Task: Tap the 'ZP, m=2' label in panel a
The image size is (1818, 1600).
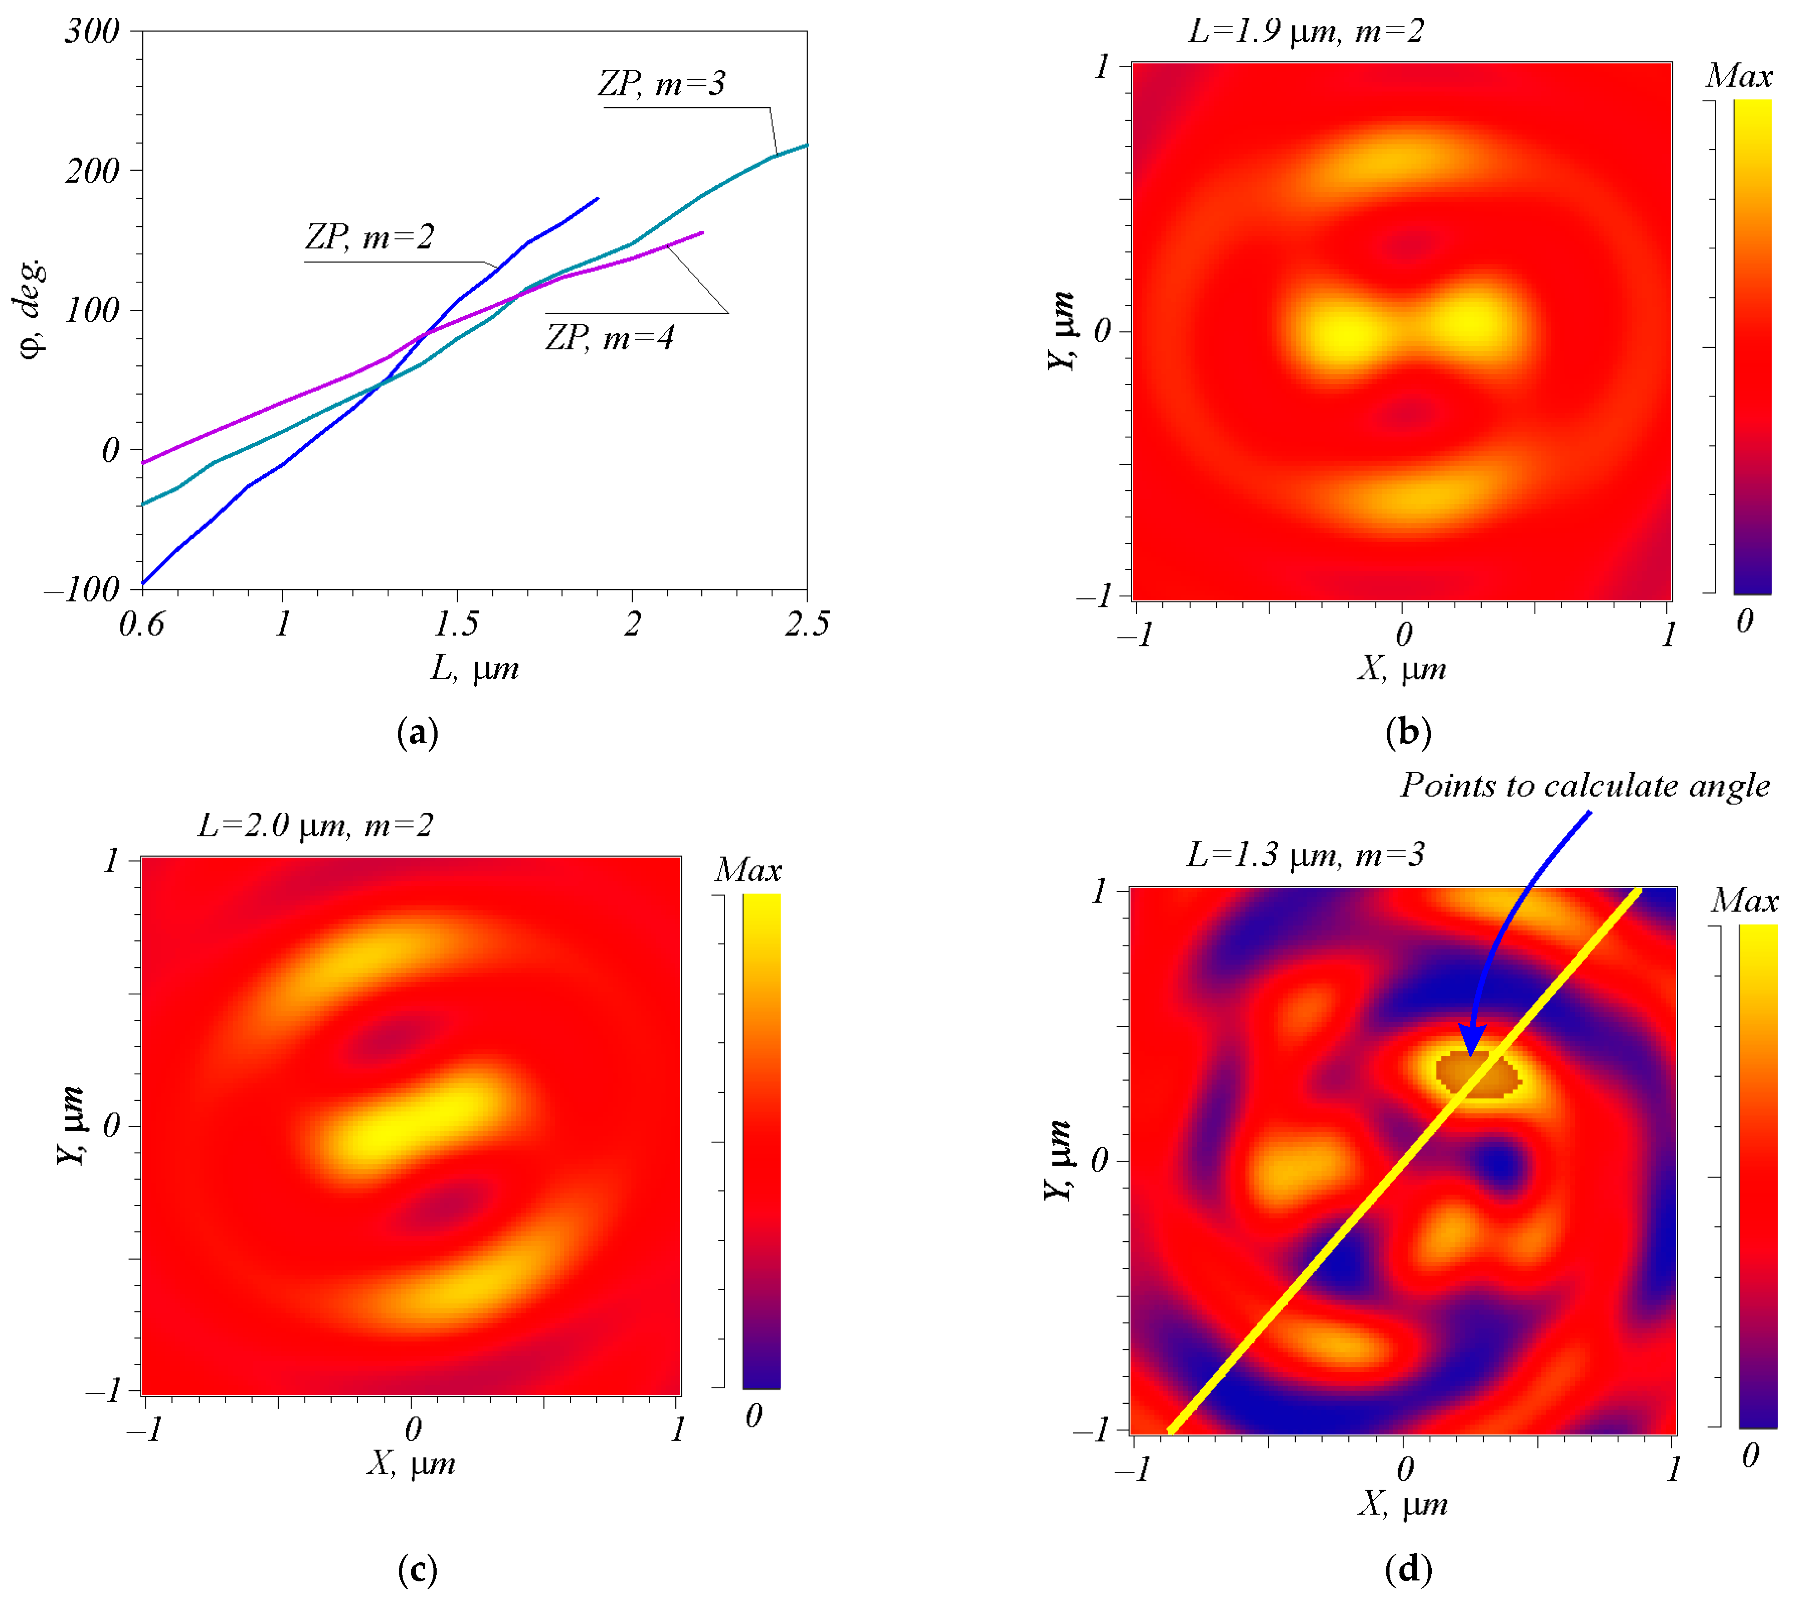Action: coord(369,237)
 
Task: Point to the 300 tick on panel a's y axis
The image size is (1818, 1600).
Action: coord(92,31)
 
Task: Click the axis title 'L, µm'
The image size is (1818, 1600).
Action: coord(474,668)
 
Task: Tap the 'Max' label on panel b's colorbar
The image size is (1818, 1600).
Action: coord(1739,76)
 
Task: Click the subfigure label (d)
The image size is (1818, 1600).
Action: coord(1408,1568)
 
